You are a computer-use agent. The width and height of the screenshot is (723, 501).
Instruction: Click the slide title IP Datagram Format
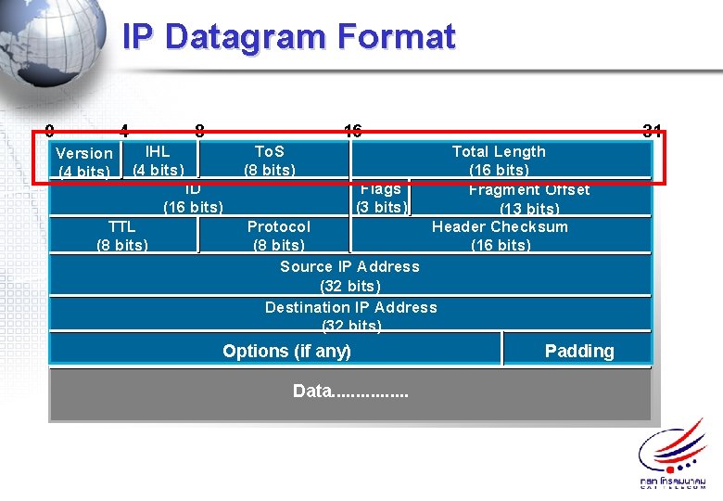point(288,37)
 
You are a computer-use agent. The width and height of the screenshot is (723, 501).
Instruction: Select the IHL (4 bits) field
point(159,160)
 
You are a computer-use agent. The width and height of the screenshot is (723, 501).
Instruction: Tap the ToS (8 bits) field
point(270,160)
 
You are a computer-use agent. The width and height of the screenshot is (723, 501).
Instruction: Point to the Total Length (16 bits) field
point(499,160)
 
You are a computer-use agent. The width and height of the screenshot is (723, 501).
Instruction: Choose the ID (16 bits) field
point(193,198)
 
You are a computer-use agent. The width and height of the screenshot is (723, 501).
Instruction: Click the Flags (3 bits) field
point(381,198)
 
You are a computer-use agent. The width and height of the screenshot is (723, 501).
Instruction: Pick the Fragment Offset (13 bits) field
point(529,199)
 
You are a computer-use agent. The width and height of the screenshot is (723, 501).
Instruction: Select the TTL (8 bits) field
point(122,236)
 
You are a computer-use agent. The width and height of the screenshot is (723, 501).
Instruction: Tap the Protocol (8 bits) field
point(278,236)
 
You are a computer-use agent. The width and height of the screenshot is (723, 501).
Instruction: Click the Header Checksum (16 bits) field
point(501,236)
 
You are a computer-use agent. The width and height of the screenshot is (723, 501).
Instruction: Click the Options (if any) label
point(286,351)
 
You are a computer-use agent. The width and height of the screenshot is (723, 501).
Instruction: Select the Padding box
point(579,351)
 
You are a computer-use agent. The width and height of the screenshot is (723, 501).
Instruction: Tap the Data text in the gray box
point(350,392)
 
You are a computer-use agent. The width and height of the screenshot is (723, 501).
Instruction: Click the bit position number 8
point(199,131)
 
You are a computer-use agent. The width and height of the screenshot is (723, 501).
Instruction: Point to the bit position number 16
point(352,131)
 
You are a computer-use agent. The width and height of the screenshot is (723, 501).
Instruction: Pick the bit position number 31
point(652,131)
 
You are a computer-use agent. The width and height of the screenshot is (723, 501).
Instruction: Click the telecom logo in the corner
point(672,455)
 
